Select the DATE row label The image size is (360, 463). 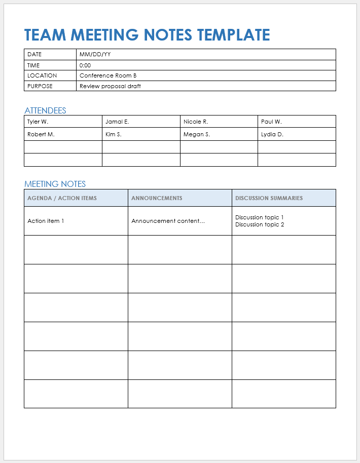click(34, 54)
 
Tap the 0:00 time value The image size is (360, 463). click(85, 65)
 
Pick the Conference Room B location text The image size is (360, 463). click(108, 75)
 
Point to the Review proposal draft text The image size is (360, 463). click(110, 86)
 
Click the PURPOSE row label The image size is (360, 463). click(40, 86)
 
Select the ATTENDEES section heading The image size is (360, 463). click(45, 110)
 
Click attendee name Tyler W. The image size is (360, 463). click(38, 122)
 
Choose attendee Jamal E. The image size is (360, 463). click(117, 122)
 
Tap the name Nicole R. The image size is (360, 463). click(196, 122)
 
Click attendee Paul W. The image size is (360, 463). click(271, 122)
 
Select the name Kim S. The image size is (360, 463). click(114, 134)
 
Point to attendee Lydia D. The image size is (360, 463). click(272, 134)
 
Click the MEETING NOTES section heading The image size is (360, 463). click(55, 184)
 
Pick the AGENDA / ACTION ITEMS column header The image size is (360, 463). click(62, 198)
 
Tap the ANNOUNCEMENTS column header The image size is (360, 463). click(157, 198)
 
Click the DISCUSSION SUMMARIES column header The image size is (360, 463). click(269, 198)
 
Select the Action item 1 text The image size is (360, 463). click(46, 221)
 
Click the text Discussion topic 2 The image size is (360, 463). click(260, 224)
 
